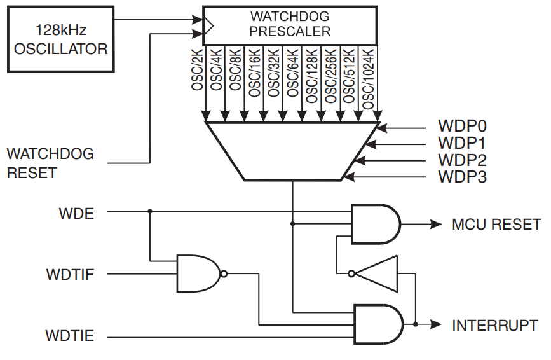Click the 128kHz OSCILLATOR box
coord(61,38)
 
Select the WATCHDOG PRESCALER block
coord(290,24)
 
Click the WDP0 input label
coord(461,125)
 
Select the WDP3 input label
coord(461,177)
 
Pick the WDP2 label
coord(461,160)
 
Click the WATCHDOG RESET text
coord(50,163)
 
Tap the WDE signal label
coord(76,212)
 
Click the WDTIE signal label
coord(70,335)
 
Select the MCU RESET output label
coord(496,224)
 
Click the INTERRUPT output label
coord(495,325)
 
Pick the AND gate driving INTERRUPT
coord(377,324)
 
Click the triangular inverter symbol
coord(378,274)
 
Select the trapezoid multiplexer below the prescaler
coord(292,150)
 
